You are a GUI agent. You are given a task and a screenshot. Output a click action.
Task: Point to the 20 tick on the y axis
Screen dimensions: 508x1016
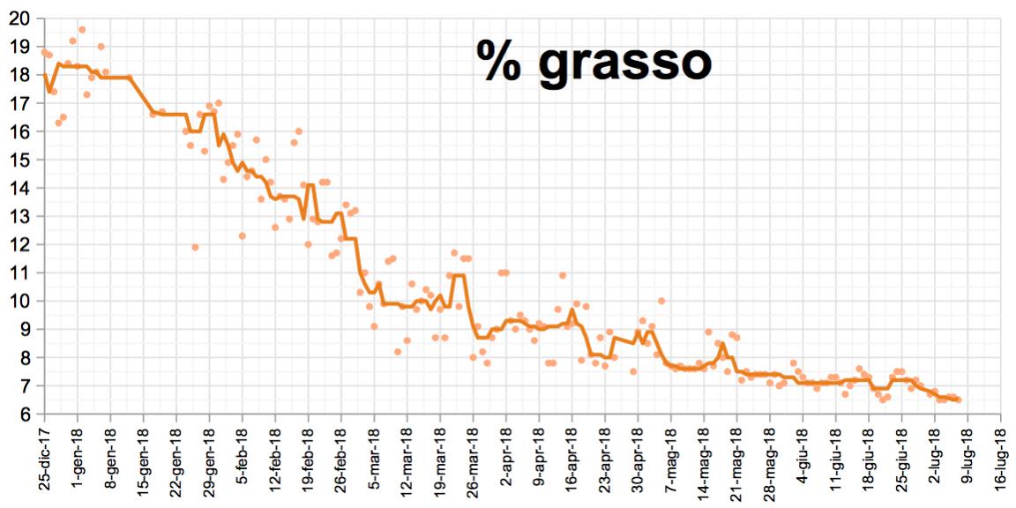19,18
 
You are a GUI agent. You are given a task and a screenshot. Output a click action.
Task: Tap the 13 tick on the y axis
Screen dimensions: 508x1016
19,216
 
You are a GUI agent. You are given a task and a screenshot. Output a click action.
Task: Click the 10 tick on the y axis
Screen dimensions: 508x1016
19,301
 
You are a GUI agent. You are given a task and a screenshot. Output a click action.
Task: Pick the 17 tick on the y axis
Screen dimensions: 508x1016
19,103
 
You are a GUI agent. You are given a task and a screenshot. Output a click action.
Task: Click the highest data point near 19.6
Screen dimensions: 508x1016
82,29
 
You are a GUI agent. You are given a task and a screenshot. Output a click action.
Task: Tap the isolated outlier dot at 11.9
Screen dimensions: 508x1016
195,247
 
